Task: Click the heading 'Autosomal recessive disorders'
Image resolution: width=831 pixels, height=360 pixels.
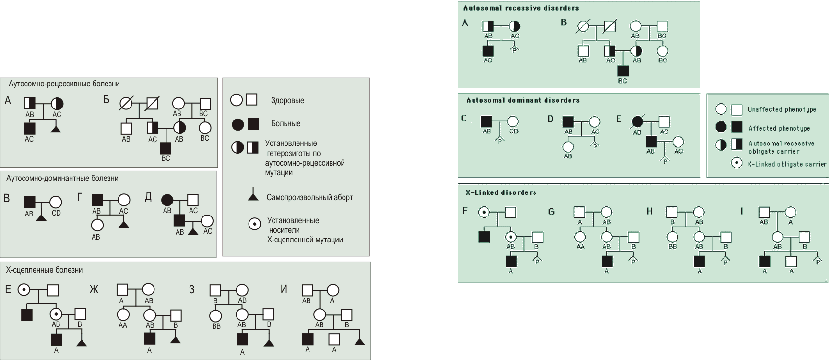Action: (x=521, y=8)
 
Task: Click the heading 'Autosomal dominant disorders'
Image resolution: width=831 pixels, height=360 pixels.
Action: (x=523, y=100)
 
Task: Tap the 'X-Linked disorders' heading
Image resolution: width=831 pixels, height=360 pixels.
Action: (x=501, y=192)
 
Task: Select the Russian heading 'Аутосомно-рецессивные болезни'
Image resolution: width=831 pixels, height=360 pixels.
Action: (x=64, y=84)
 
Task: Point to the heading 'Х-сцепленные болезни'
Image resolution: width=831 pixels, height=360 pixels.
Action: (x=44, y=270)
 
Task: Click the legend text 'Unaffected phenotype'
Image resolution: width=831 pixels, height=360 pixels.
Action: (x=782, y=109)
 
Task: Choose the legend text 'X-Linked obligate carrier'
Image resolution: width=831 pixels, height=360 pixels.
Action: (x=787, y=164)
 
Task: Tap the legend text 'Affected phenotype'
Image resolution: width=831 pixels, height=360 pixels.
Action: (x=779, y=128)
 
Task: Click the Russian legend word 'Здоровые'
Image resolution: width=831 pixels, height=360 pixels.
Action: (x=287, y=101)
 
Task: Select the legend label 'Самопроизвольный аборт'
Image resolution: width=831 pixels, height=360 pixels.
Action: (x=309, y=197)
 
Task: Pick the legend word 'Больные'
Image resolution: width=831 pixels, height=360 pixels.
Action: (x=285, y=124)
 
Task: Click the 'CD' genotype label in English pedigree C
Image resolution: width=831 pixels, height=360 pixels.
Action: (x=513, y=131)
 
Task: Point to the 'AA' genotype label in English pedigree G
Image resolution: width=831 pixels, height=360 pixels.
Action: (x=580, y=246)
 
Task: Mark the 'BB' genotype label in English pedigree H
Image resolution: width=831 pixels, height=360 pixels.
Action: (x=673, y=246)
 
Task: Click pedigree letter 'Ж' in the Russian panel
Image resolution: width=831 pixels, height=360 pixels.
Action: (x=94, y=289)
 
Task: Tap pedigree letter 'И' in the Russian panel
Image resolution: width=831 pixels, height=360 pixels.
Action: (x=284, y=289)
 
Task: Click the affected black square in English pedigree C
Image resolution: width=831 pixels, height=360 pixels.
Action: (x=487, y=121)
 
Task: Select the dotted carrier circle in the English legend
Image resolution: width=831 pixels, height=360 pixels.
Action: (x=736, y=163)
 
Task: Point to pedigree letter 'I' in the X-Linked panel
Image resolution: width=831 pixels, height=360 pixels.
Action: (x=742, y=211)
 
